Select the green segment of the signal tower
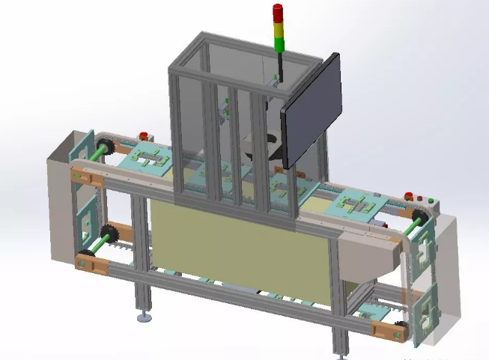[279, 43]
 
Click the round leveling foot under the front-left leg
[145, 319]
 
